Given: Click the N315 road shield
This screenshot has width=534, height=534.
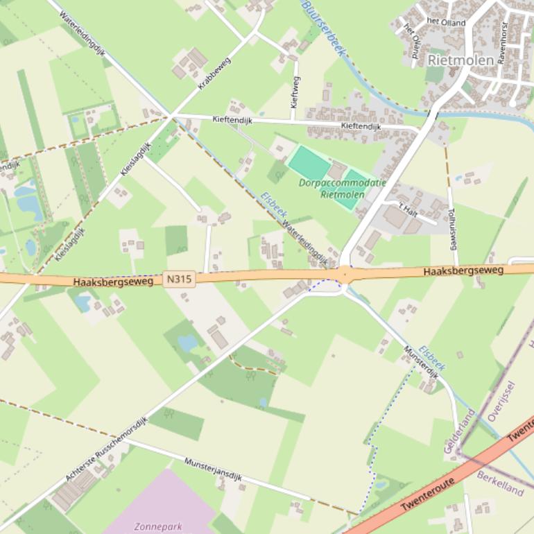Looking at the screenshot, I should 180,279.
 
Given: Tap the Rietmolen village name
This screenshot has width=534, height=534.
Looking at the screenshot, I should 461,60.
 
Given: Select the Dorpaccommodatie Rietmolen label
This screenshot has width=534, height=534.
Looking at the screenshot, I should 332,189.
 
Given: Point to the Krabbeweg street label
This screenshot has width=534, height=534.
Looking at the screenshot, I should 214,74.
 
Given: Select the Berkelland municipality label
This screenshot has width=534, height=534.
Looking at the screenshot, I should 499,483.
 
